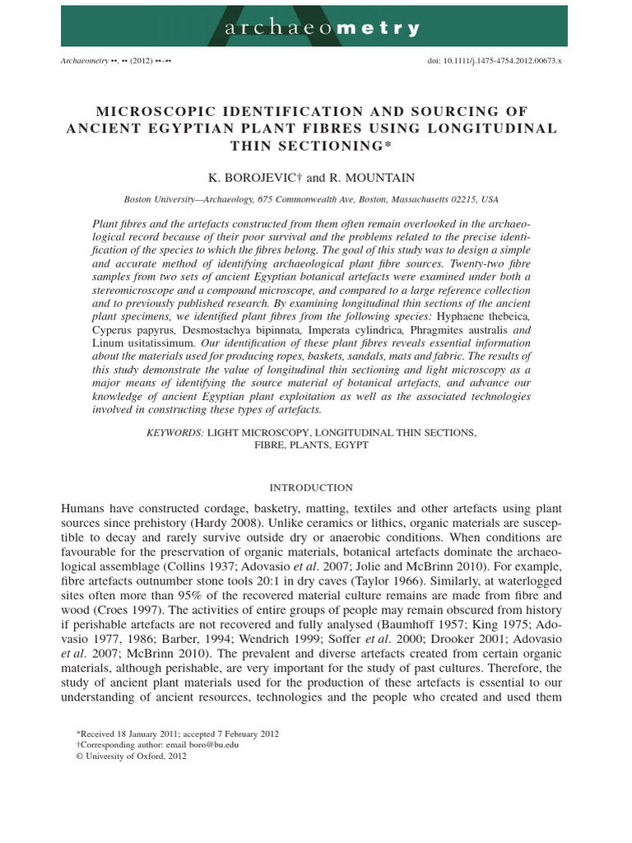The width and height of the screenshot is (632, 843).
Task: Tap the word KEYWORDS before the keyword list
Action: [x=174, y=431]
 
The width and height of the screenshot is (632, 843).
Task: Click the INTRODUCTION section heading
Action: [x=315, y=487]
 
